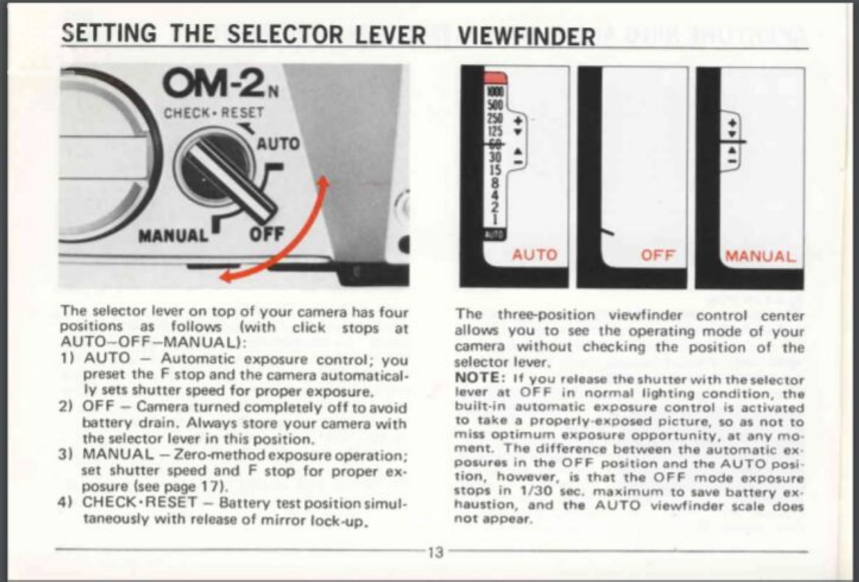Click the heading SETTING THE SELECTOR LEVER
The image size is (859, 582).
coord(243,34)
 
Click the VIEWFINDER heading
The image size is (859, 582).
coord(525,36)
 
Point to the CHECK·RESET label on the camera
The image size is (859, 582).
coord(214,113)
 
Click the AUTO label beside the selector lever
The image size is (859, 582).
coord(278,144)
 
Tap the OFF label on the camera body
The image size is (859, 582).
coord(268,235)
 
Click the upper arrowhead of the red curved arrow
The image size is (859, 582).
coord(324,182)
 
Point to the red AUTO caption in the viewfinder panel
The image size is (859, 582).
coord(535,255)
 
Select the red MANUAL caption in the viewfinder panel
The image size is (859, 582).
coord(760,256)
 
